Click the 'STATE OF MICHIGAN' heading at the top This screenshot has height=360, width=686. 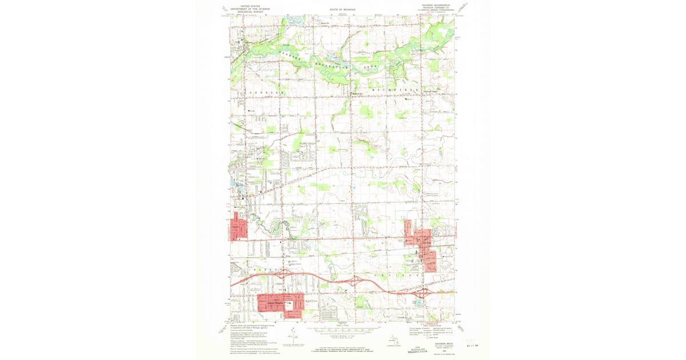pos(342,10)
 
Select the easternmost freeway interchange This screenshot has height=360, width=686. pos(424,293)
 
